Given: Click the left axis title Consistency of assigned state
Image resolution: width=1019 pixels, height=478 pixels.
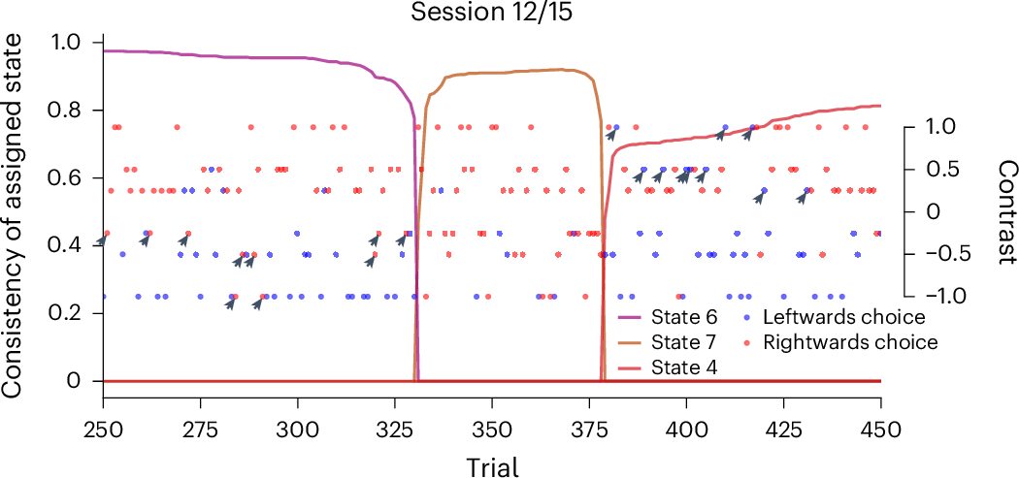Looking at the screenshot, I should tap(14, 215).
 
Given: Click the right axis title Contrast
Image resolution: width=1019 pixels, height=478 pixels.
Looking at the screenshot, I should tap(1004, 211).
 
